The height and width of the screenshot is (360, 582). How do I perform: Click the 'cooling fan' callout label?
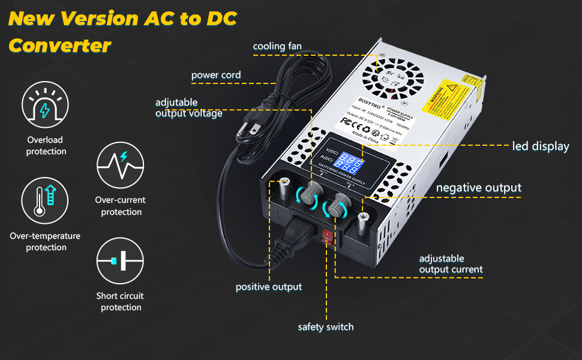(x=277, y=46)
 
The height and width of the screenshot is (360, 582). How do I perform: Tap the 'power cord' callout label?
(x=216, y=75)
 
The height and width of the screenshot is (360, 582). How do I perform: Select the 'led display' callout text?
(x=540, y=146)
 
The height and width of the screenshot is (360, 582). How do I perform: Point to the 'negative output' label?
(x=478, y=188)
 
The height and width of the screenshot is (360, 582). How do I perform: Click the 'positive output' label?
(x=268, y=287)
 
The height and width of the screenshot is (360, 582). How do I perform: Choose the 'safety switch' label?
(x=326, y=327)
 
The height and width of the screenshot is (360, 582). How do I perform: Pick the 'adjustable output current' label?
(x=451, y=264)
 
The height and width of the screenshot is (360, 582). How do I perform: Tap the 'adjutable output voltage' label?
(x=188, y=108)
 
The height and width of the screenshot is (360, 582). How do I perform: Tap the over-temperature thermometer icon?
(x=46, y=202)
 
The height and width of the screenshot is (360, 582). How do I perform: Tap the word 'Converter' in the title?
(x=60, y=46)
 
